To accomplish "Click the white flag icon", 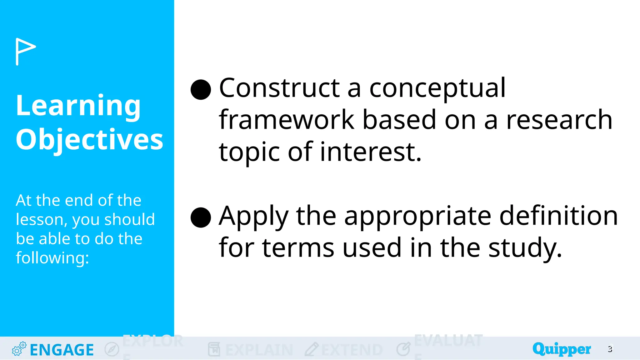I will coord(25,51).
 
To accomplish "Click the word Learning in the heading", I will coord(78,105).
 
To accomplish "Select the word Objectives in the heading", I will coord(89,139).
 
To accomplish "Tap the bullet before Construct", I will coord(201,89).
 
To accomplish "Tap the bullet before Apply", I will coord(201,217).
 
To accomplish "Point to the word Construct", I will coord(279,88).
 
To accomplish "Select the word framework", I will coord(286,120).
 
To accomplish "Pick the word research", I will coord(559,120).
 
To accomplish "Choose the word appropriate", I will coord(418,217).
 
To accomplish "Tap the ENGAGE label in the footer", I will coord(62,350).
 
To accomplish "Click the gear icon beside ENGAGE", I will coord(19,349).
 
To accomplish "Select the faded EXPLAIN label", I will coord(259,350).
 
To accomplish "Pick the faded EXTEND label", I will coord(352,350).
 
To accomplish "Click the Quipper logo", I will coord(561,349).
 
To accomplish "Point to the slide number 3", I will coord(610,349).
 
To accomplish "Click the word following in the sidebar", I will coord(52,258).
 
